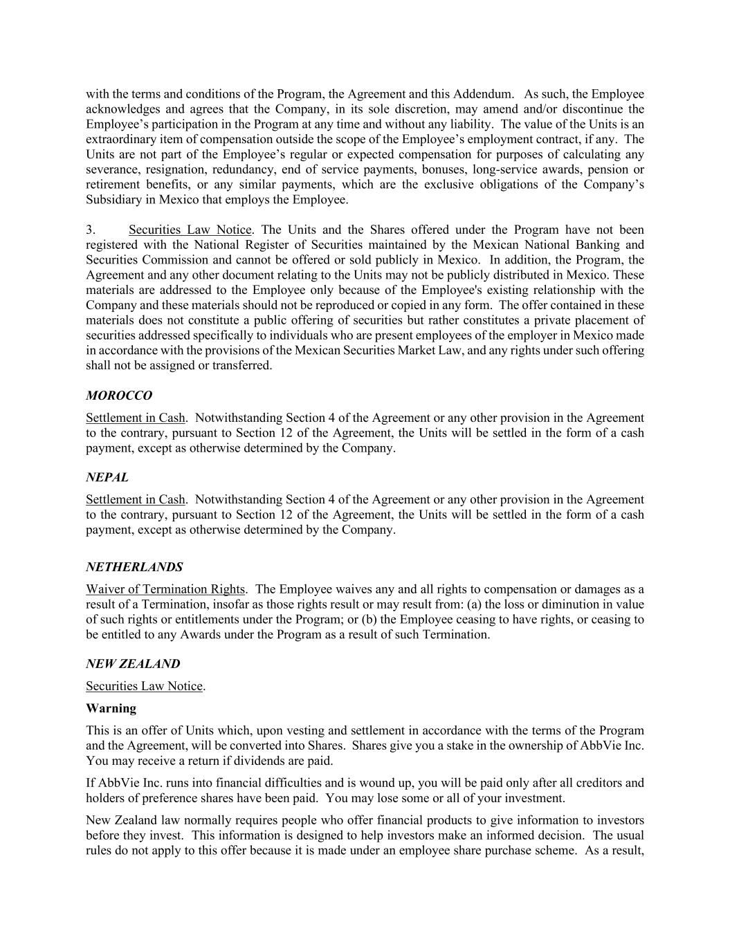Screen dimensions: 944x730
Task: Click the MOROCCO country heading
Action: point(119,396)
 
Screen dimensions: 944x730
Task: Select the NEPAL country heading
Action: point(107,477)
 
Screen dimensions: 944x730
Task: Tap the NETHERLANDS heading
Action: point(134,567)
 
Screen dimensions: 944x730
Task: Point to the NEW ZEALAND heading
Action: point(133,664)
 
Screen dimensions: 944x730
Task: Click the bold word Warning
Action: point(111,708)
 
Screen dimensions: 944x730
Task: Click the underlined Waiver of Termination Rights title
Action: point(165,589)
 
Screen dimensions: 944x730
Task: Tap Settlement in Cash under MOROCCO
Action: point(136,418)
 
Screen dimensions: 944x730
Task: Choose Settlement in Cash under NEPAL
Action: point(136,499)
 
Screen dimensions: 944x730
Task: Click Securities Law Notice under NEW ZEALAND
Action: point(145,686)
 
